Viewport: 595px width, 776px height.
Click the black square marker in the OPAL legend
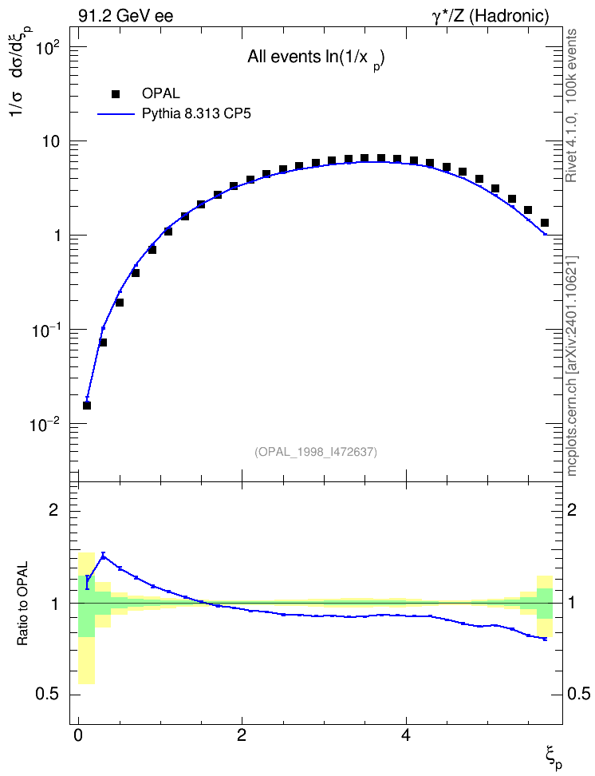click(116, 94)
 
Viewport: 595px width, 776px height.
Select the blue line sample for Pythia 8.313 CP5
click(116, 114)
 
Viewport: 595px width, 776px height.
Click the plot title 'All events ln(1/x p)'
click(317, 58)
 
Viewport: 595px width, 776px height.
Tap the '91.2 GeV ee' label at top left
click(126, 16)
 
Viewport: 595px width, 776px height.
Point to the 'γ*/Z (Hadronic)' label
click(491, 16)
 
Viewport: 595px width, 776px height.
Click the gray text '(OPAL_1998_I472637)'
click(316, 452)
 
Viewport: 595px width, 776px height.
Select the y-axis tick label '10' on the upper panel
click(51, 141)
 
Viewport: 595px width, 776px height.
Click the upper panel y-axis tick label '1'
click(57, 236)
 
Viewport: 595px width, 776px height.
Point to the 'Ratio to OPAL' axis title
click(22, 604)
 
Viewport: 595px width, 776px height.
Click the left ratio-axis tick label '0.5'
click(48, 695)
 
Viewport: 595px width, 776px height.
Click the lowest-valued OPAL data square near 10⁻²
click(87, 406)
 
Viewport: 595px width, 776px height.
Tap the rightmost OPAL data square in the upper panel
click(545, 223)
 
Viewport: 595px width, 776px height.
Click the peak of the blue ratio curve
click(103, 556)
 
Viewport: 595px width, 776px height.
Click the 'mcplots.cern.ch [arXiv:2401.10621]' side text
click(572, 366)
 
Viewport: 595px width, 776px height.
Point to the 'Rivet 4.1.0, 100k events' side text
click(571, 105)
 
